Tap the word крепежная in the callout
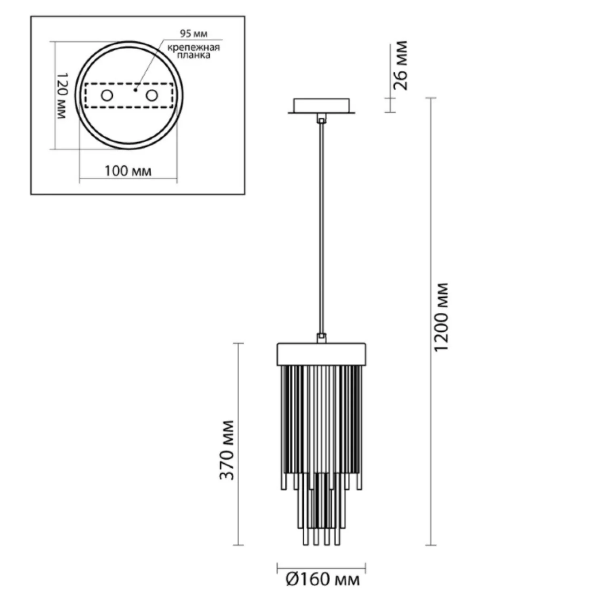194,48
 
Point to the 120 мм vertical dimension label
61,96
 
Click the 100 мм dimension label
128,171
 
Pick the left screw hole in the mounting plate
107,96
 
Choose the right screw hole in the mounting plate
152,96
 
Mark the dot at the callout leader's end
136,90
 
